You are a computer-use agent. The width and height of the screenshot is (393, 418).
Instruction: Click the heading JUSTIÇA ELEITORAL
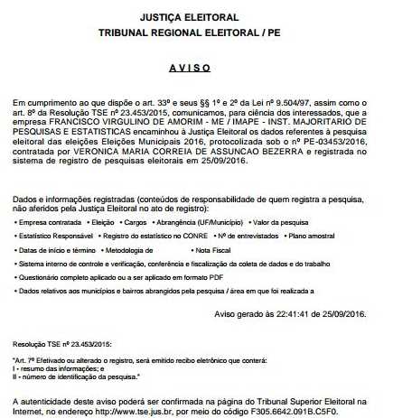196,17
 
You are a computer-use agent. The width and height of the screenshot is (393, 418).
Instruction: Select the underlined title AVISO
196,69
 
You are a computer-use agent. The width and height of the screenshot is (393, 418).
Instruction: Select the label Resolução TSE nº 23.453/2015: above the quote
60,344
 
